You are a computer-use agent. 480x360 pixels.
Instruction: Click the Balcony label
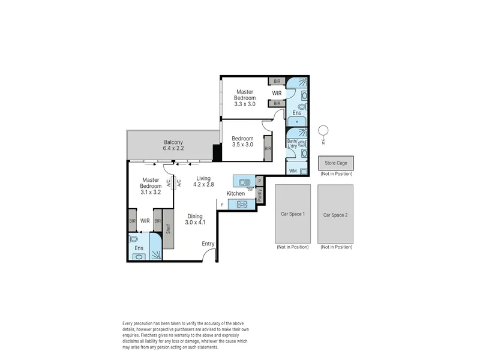[x=173, y=142]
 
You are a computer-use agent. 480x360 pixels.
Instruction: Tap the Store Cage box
[x=336, y=163]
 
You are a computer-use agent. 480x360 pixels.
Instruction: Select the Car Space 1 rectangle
[x=293, y=214]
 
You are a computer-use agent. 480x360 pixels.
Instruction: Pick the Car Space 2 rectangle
[x=335, y=214]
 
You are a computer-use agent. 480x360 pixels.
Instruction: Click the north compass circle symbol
[x=323, y=130]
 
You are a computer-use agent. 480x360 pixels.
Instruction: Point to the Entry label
[x=208, y=244]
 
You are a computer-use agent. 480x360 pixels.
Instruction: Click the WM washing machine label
[x=293, y=171]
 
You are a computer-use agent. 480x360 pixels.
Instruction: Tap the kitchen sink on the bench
[x=244, y=182]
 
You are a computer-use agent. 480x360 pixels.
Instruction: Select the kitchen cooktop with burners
[x=242, y=204]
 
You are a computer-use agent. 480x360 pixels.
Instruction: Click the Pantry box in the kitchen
[x=260, y=196]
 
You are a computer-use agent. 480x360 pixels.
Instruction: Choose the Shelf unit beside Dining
[x=168, y=229]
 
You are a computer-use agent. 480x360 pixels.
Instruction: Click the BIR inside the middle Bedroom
[x=268, y=148]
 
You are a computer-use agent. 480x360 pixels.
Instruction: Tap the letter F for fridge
[x=222, y=205]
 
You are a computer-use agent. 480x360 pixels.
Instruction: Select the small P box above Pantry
[x=260, y=181]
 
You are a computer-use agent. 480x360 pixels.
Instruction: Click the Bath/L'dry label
[x=292, y=143]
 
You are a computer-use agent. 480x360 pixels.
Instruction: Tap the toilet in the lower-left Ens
[x=134, y=238]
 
